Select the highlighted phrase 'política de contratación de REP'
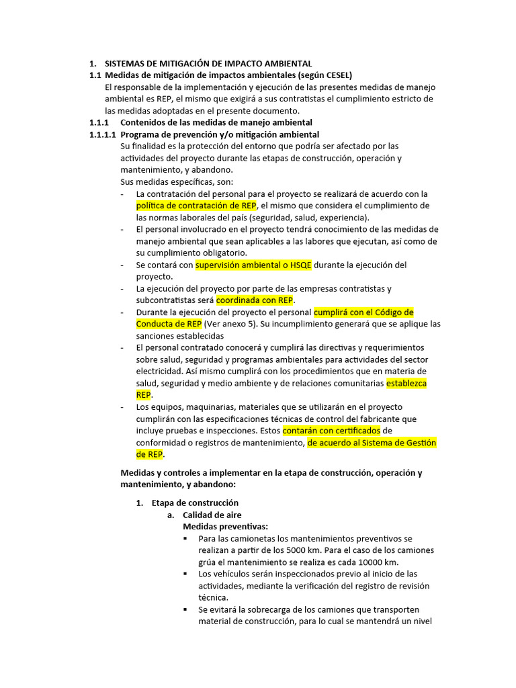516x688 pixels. (196, 206)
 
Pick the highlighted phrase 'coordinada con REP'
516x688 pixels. (255, 300)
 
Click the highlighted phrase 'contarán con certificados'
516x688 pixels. (331, 430)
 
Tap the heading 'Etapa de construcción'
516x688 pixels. (195, 503)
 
